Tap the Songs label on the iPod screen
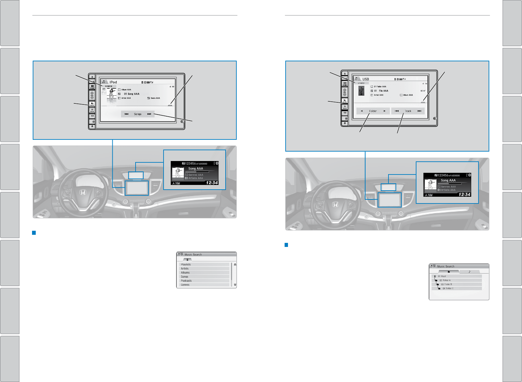point(138,114)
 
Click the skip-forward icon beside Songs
point(149,114)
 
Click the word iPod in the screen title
point(113,82)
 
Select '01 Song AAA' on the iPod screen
point(132,94)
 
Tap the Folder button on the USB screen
point(373,111)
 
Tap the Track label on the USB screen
point(408,111)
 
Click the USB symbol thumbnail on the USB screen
point(361,91)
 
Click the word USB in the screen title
point(366,79)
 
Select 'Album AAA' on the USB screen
point(408,95)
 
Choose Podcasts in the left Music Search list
point(186,281)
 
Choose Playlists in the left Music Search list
point(186,264)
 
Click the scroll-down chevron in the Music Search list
point(235,285)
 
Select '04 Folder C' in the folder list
point(448,288)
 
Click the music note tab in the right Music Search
point(469,272)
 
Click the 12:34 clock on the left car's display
point(212,183)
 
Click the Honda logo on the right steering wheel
point(335,204)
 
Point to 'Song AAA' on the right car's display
point(448,180)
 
